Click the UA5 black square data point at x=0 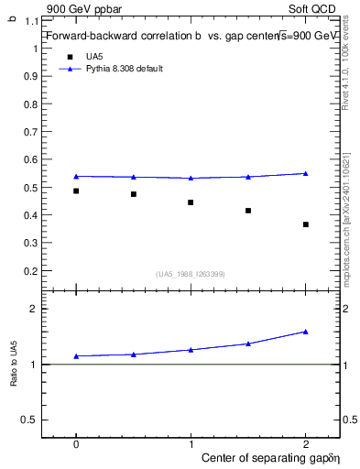click(x=76, y=191)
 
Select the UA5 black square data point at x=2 click(x=306, y=224)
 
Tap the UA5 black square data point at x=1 click(x=191, y=202)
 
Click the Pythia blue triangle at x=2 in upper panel click(x=306, y=173)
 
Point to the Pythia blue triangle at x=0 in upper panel click(x=76, y=176)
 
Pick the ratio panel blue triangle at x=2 click(x=306, y=332)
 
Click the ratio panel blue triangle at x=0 click(x=76, y=356)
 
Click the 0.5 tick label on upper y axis click(x=31, y=188)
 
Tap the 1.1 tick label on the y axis click(x=31, y=20)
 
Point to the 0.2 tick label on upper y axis click(x=31, y=271)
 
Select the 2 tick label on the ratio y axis click(x=34, y=309)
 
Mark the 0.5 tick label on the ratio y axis click(x=31, y=420)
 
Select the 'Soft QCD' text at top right click(x=317, y=7)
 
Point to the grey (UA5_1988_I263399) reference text click(x=191, y=274)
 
